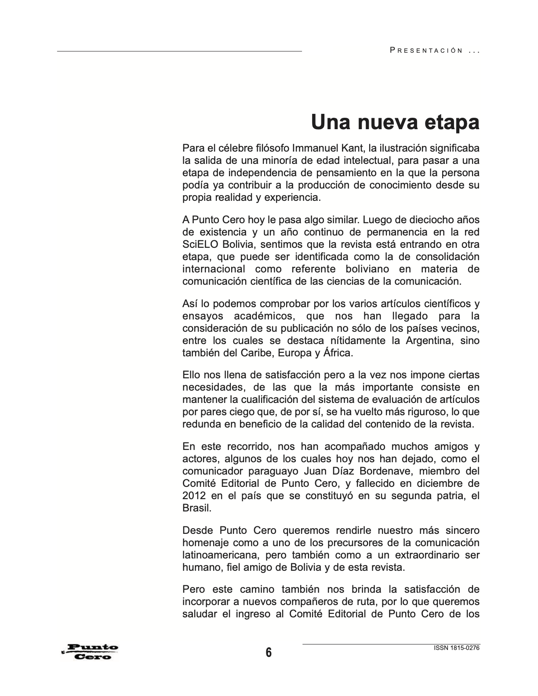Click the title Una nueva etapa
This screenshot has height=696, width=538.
pyautogui.click(x=395, y=122)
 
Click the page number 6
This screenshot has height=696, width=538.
pyautogui.click(x=269, y=652)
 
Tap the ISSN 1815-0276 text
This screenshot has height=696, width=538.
pyautogui.click(x=456, y=648)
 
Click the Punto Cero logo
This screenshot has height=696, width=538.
pyautogui.click(x=91, y=652)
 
